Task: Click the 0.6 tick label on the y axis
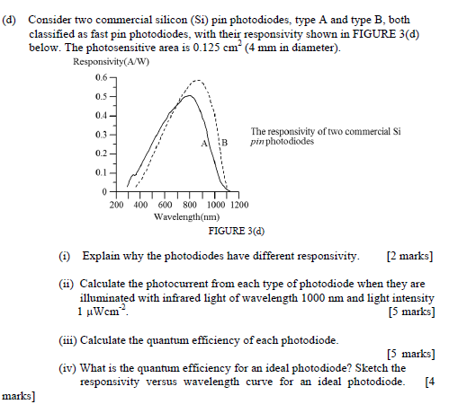[x=100, y=78]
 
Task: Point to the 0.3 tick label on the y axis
[x=100, y=135]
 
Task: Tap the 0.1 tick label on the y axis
[x=100, y=172]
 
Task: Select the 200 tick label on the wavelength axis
[x=117, y=205]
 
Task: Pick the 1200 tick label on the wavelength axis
[x=238, y=205]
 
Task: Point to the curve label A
[x=205, y=143]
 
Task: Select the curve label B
[x=225, y=143]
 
